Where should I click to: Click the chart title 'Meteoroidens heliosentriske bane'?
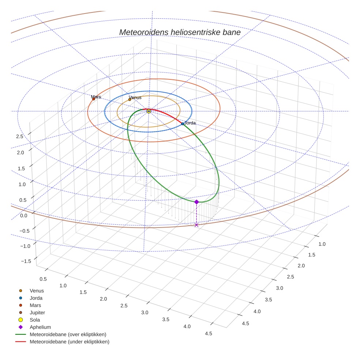point(180,32)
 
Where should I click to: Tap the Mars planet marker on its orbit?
point(94,99)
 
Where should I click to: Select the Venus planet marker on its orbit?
point(130,100)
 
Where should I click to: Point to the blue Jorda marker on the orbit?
point(183,124)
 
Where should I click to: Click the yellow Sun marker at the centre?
point(149,111)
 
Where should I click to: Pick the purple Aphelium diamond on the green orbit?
point(196,202)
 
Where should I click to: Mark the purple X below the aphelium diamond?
point(196,225)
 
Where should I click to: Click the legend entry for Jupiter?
point(37,312)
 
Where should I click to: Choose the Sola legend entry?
point(35,320)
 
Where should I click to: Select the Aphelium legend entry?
point(40,327)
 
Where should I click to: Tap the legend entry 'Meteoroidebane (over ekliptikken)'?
point(68,334)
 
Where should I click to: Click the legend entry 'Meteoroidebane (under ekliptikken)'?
point(69,342)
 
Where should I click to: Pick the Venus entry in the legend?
point(37,290)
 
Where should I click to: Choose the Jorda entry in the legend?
point(36,298)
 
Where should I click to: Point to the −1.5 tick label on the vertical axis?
point(26,261)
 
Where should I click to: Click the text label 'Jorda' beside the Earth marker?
point(190,123)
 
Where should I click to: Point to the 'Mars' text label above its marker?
point(96,97)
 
